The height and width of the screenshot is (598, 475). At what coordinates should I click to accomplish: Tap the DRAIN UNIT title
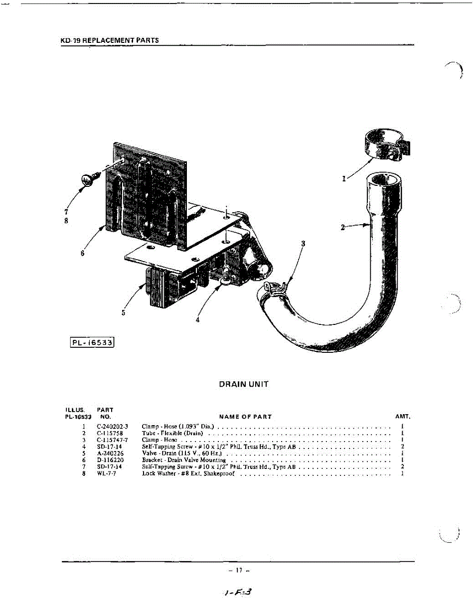pos(244,384)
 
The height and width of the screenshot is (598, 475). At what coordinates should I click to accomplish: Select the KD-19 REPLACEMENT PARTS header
pos(109,40)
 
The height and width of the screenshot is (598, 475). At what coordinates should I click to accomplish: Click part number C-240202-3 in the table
pos(114,427)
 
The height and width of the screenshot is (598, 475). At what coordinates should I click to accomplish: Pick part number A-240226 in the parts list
pos(110,453)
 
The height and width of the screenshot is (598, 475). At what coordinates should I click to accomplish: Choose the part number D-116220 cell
pos(110,460)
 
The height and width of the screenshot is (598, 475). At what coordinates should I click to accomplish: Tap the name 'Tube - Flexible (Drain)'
pos(172,434)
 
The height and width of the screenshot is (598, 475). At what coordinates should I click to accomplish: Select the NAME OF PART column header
pos(245,417)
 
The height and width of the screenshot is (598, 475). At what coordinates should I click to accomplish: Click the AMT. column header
pos(402,416)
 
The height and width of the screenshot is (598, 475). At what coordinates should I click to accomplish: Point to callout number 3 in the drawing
pos(303,244)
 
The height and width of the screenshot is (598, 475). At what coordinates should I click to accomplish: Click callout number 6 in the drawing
pos(82,253)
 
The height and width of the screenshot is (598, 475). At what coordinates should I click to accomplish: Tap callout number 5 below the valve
pos(123,313)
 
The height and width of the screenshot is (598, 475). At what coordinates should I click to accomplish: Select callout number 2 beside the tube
pos(342,228)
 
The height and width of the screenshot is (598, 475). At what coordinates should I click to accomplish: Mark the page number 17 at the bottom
pos(239,570)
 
